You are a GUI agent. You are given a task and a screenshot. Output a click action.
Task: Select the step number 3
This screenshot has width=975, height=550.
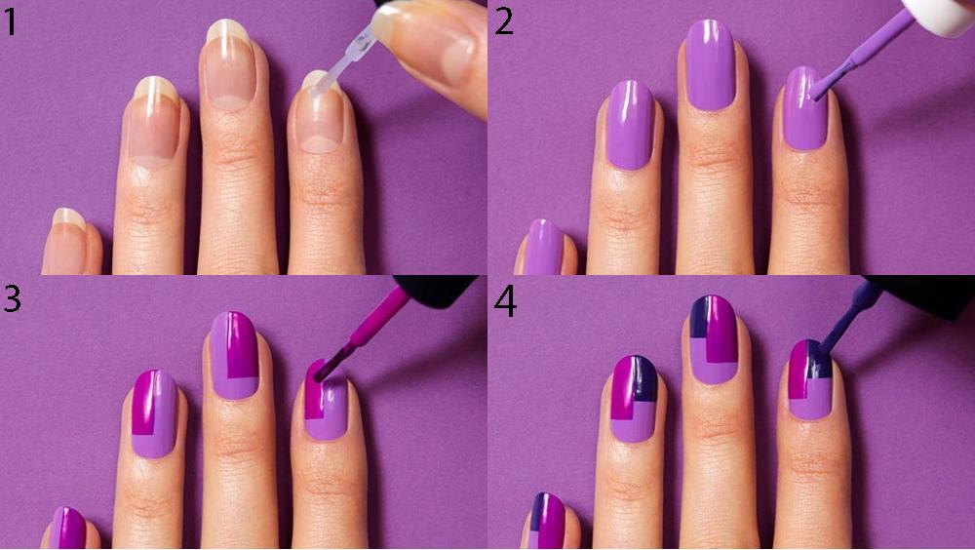[x=12, y=297]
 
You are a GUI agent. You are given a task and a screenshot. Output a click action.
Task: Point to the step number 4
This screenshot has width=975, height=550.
[x=505, y=301]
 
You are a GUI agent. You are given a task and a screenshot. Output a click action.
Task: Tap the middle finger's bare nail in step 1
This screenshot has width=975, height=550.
[x=229, y=65]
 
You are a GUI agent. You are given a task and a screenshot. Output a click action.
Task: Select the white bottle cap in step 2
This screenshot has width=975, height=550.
[x=939, y=15]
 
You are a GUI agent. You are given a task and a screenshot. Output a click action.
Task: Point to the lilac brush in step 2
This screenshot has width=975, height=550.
[x=858, y=59]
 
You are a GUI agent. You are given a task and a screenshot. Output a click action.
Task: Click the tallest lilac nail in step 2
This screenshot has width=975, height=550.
[x=710, y=65]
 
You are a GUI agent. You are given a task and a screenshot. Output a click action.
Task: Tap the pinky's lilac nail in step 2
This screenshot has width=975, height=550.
[x=542, y=247]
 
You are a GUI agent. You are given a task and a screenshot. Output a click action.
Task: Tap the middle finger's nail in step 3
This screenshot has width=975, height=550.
[x=234, y=355]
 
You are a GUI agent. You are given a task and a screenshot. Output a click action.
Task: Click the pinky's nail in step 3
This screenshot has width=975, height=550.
[x=68, y=528]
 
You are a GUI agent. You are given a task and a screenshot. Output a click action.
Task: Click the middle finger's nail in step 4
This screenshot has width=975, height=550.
[x=714, y=339]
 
